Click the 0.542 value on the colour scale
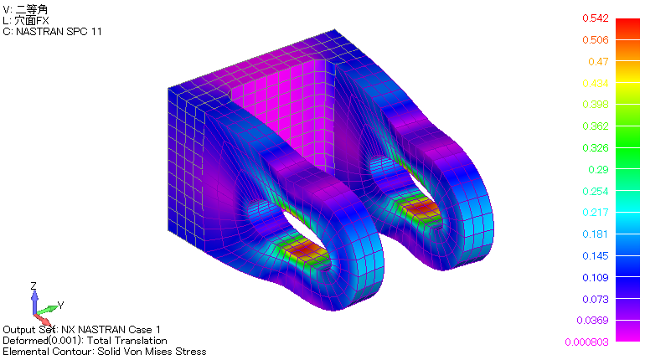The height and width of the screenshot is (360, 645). [597, 18]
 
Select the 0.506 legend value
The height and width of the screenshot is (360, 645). [597, 39]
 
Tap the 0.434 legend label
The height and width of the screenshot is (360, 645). [597, 83]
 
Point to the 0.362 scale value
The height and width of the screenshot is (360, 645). [597, 126]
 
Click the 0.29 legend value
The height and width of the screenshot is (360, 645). [597, 170]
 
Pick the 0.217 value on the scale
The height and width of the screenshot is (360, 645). [597, 213]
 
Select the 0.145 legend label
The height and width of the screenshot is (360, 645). [597, 256]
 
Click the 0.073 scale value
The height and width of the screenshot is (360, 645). [597, 300]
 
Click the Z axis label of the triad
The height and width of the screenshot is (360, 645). [33, 286]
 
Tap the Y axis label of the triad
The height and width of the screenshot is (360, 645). [61, 305]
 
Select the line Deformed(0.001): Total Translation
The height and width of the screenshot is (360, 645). [85, 341]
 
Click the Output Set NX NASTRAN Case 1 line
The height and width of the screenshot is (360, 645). [81, 330]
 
